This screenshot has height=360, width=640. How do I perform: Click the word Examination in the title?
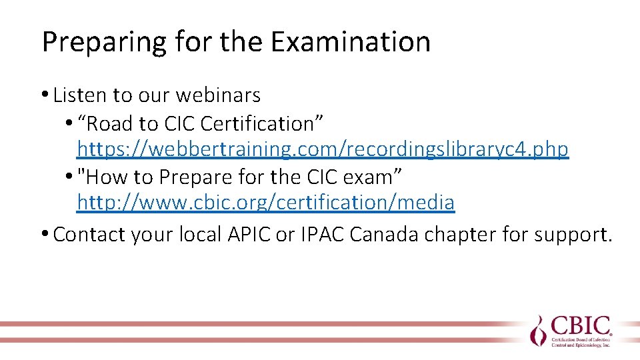(351, 42)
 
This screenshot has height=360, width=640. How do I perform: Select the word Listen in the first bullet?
(80, 95)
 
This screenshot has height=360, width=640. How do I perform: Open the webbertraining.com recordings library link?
(323, 149)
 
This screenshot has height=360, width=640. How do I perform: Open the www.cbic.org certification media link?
(266, 202)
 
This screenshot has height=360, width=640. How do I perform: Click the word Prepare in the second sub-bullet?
(197, 177)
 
